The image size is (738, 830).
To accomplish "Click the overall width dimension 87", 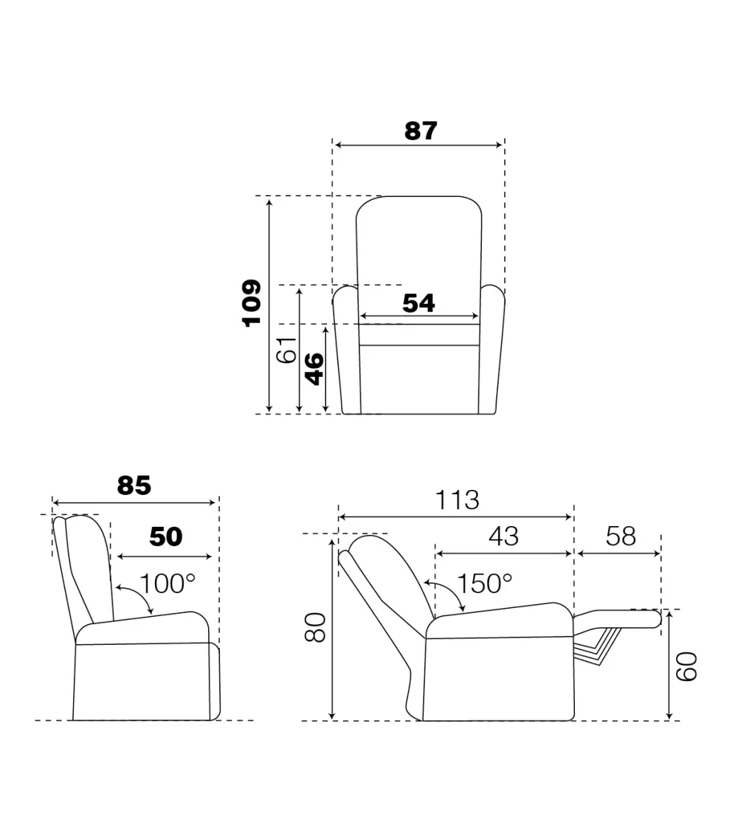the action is (x=421, y=131).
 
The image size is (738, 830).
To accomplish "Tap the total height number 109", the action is (x=252, y=302).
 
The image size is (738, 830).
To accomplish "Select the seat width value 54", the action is (x=418, y=303).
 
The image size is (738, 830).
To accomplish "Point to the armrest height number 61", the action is (x=287, y=349).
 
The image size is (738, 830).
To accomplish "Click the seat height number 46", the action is (x=314, y=368).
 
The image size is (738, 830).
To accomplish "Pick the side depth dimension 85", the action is (x=134, y=485).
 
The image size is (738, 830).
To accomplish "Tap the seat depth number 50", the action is (x=166, y=537).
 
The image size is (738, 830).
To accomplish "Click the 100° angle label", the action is (x=168, y=584).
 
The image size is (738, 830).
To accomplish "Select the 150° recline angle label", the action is (x=484, y=584).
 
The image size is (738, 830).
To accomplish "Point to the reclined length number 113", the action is (x=457, y=500).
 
